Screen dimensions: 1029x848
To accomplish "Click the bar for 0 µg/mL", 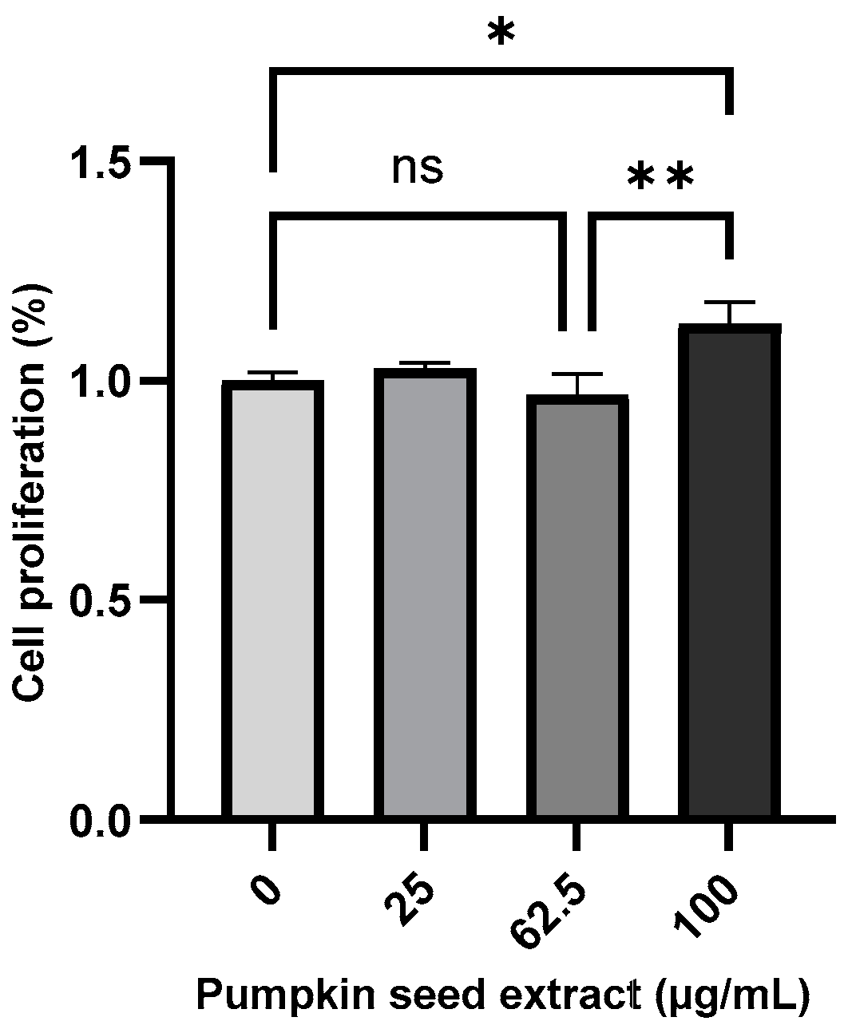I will coord(272,599).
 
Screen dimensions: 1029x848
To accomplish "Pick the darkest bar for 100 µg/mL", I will coord(728,571).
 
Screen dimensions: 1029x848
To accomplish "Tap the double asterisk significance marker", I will coord(660,177).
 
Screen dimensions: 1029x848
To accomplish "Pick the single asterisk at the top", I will coord(501,34).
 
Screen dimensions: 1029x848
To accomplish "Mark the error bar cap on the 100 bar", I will coord(728,303).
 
